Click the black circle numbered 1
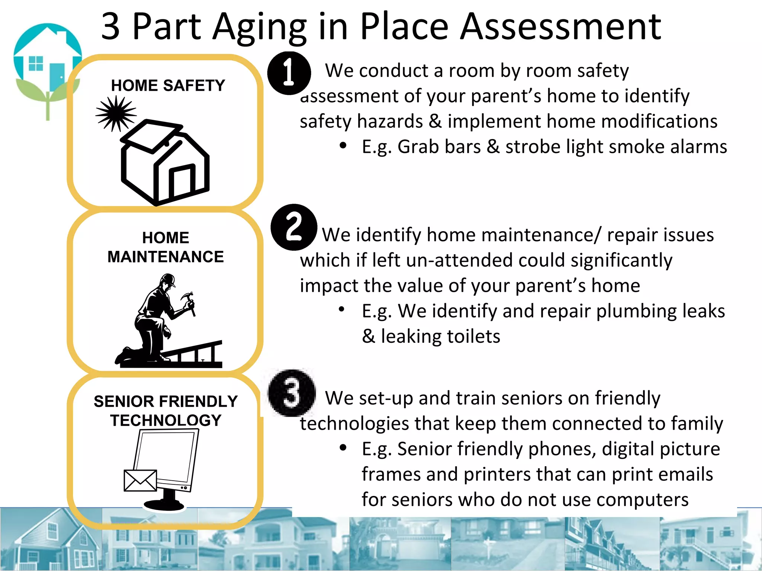(x=289, y=73)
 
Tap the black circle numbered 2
(x=294, y=227)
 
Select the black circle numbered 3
(x=292, y=393)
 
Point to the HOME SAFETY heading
(x=168, y=86)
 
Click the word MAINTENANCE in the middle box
(x=166, y=257)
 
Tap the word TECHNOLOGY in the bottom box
(x=166, y=420)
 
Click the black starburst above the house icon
(x=116, y=113)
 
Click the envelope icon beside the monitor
(x=140, y=480)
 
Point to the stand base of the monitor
(x=164, y=504)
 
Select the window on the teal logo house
(x=36, y=63)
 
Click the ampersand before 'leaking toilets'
(x=368, y=336)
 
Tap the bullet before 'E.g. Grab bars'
(x=343, y=146)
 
